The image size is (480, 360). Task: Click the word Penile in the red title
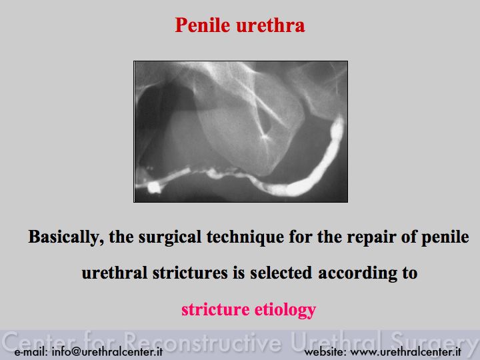(x=203, y=25)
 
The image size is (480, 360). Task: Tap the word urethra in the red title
(x=271, y=25)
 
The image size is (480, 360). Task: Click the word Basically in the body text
(x=66, y=237)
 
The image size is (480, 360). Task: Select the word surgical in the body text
(x=170, y=237)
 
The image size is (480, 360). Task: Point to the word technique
(x=245, y=237)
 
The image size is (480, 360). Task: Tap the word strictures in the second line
(x=190, y=273)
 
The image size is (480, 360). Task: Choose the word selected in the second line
(x=281, y=273)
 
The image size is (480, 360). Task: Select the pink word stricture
(x=215, y=309)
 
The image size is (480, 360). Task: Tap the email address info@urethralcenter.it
(x=107, y=351)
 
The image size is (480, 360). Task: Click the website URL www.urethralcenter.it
(x=405, y=351)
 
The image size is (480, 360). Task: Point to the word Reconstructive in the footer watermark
(x=203, y=341)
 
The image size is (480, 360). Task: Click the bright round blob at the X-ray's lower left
(x=154, y=187)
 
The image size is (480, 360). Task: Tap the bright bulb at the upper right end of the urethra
(x=337, y=127)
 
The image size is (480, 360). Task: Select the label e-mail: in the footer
(x=31, y=351)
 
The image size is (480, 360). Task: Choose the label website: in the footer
(x=325, y=351)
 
